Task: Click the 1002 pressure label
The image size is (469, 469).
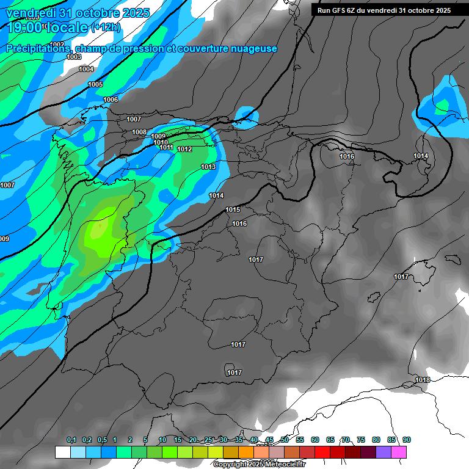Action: click(58, 45)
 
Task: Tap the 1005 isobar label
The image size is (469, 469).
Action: click(95, 84)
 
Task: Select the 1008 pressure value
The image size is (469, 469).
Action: click(139, 132)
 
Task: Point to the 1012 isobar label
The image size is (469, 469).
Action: click(185, 149)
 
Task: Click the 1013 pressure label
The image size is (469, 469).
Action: click(208, 167)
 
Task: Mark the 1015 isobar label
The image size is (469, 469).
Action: click(233, 209)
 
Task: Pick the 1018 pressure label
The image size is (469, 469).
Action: click(423, 380)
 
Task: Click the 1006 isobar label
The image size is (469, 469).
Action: click(111, 100)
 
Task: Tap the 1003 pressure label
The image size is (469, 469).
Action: click(74, 57)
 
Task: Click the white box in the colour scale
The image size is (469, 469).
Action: click(62, 453)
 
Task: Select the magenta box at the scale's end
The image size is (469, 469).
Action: click(399, 453)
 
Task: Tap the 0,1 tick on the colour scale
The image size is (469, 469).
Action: click(71, 440)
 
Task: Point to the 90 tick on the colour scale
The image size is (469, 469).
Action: click(407, 440)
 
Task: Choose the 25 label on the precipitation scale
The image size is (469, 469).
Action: click(208, 440)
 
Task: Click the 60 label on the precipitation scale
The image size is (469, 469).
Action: click(315, 440)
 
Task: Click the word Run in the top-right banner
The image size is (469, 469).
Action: click(324, 10)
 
